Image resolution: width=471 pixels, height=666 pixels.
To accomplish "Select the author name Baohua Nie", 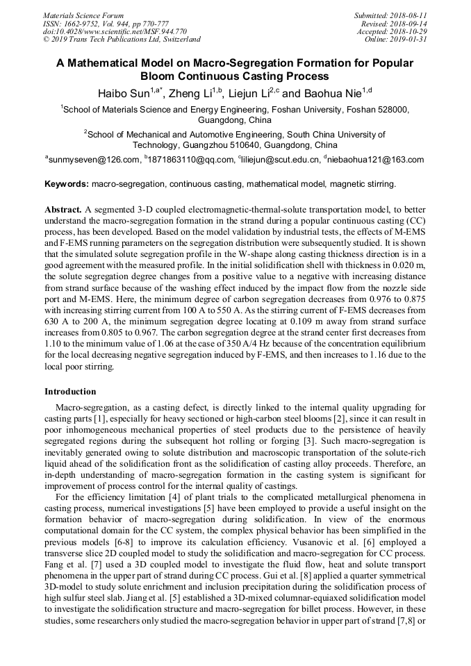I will click(337, 92).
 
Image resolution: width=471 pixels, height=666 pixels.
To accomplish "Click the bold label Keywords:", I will click(67, 185).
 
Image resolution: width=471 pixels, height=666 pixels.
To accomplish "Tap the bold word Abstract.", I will click(63, 209).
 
